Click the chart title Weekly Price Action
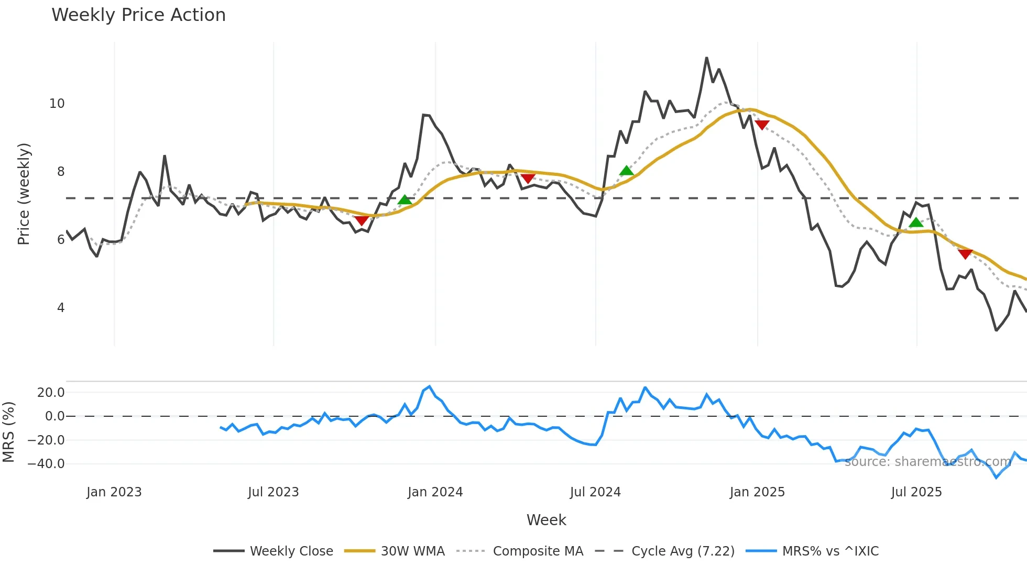click(x=138, y=15)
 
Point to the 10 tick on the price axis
click(x=57, y=104)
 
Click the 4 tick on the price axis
click(x=61, y=308)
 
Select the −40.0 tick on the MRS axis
click(x=46, y=464)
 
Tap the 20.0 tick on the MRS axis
click(x=51, y=393)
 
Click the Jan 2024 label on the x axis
click(x=435, y=492)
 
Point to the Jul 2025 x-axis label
click(x=916, y=492)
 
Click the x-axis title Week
click(x=546, y=520)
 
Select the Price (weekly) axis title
click(x=24, y=194)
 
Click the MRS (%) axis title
click(x=8, y=432)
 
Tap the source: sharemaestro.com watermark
click(x=927, y=462)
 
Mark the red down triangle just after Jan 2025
click(x=762, y=125)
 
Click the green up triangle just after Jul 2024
click(x=626, y=171)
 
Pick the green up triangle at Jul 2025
click(x=915, y=223)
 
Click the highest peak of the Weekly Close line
click(x=706, y=58)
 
